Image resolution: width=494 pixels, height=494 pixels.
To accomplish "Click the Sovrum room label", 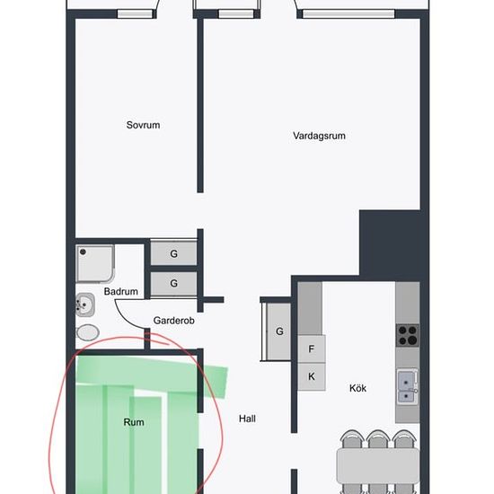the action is [143, 125].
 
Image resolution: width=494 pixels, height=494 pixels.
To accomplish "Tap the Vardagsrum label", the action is [319, 136].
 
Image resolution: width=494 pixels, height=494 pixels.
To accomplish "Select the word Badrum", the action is [121, 291].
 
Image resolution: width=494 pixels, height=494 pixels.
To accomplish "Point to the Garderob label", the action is [173, 321].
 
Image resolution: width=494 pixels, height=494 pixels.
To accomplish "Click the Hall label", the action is [247, 419].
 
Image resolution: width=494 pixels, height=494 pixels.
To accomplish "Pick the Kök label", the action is [357, 388].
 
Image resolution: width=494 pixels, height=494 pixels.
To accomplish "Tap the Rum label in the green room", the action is [134, 422].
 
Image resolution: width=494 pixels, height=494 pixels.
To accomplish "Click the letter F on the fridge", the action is [312, 348].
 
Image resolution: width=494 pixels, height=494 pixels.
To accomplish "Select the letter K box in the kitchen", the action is [312, 376].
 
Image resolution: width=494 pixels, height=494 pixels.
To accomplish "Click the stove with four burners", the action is [408, 335].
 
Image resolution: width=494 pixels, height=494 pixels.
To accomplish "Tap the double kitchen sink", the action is [408, 387].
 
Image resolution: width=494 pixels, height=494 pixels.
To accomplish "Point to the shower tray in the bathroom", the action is [95, 264].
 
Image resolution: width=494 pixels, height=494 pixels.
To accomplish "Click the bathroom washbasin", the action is [85, 304].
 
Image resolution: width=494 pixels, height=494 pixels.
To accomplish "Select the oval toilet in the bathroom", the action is [88, 332].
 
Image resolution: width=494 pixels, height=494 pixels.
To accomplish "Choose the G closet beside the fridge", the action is [278, 331].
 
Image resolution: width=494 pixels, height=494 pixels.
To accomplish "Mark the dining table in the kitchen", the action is [378, 465].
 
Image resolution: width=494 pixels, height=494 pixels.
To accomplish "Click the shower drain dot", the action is [83, 251].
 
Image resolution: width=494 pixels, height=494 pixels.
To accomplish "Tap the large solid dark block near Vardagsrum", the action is [390, 243].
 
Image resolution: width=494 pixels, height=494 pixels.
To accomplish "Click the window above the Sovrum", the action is [135, 13].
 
